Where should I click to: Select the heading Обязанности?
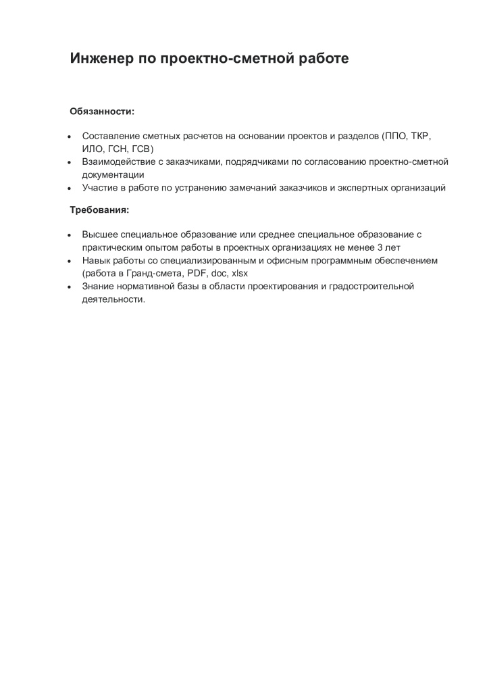coord(103,111)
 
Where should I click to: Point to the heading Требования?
coord(100,209)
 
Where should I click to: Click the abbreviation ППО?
coord(394,136)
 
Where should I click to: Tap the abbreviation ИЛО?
coord(92,149)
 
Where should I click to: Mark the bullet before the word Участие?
coord(70,188)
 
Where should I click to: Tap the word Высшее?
coord(100,234)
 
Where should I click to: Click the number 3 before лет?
coord(380,247)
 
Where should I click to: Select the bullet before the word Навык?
coord(70,260)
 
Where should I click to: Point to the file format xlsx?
coord(240,273)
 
